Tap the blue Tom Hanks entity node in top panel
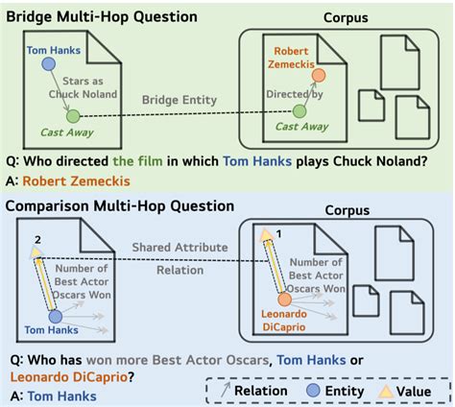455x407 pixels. tap(47, 62)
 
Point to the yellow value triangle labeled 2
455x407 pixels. tap(37, 252)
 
